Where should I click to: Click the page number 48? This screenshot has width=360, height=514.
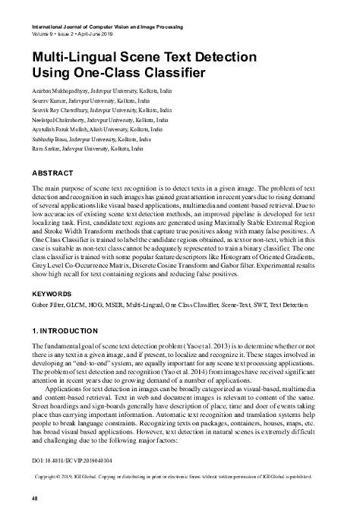tap(34, 498)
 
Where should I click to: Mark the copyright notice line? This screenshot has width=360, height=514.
tap(180, 477)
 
